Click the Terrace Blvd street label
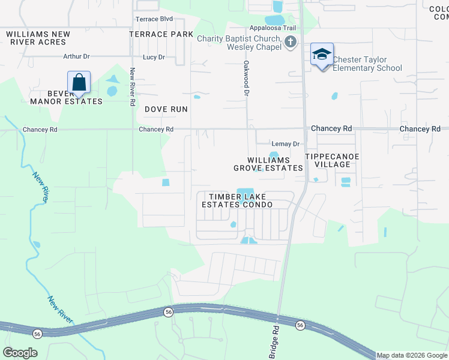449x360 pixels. point(154,19)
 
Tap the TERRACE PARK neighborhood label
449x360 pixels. point(161,34)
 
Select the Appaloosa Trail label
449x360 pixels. point(274,28)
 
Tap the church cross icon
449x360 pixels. point(291,42)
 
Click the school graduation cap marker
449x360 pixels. point(322,55)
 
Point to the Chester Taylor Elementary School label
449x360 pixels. point(367,64)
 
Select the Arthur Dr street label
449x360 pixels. point(76,56)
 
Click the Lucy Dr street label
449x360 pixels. point(154,57)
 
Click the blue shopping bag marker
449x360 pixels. point(79,82)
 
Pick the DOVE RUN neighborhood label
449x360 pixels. point(166,109)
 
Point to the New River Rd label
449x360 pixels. point(132,86)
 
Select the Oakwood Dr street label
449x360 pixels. point(246,78)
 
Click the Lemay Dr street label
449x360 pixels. point(286,144)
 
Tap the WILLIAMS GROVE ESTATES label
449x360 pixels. point(268,164)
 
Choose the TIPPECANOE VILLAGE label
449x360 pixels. point(332,160)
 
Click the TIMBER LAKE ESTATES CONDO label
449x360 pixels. point(237,200)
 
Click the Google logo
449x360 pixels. point(20,353)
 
